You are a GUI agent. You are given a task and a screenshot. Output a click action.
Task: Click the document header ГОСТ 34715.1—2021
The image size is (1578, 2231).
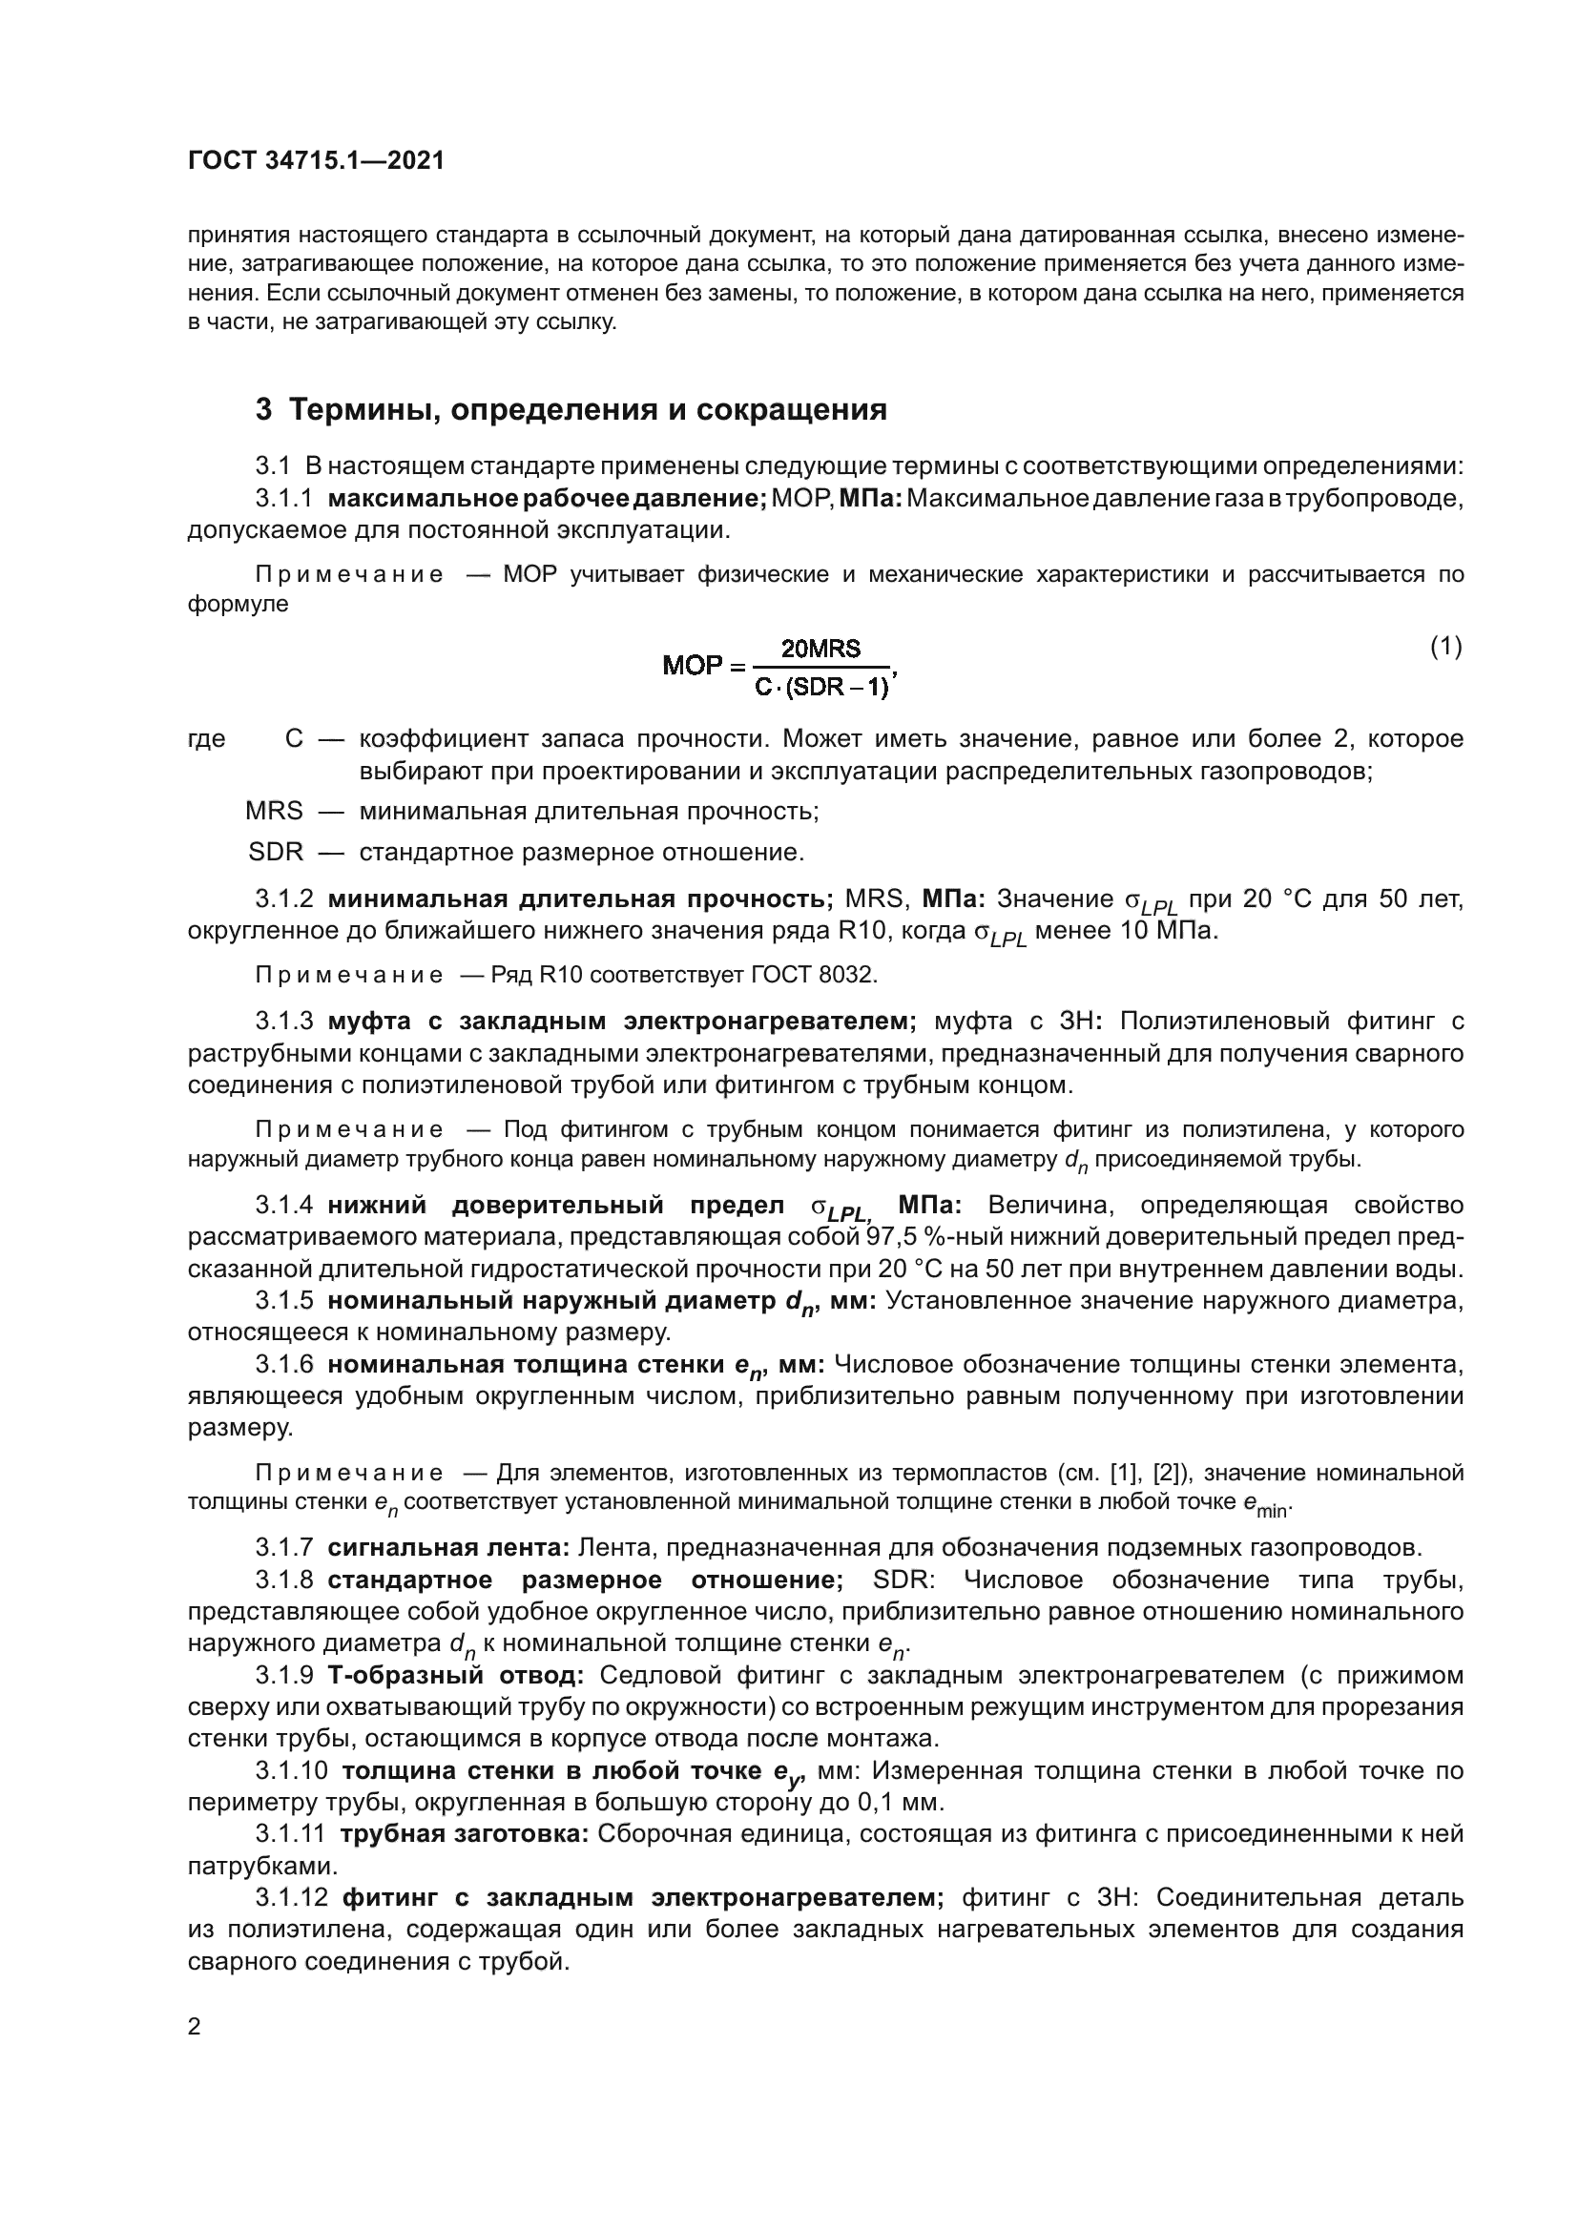316,161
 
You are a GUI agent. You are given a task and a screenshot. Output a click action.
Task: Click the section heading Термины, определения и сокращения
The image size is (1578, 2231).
588,409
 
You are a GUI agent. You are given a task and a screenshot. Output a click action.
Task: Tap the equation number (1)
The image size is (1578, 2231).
1445,646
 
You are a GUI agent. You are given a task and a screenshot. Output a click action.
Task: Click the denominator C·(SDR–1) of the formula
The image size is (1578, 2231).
822,688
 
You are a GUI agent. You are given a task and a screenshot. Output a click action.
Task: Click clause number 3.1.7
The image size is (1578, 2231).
284,1546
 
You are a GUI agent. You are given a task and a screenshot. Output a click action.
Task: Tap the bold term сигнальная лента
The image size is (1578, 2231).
449,1546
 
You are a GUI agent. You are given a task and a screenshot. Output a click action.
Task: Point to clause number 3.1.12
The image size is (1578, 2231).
292,1898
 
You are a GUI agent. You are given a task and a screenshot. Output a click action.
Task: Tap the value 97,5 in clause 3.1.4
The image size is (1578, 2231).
897,1237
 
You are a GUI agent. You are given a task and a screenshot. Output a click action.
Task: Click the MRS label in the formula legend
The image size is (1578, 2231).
274,811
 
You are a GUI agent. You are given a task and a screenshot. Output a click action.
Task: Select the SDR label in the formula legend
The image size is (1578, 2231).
276,852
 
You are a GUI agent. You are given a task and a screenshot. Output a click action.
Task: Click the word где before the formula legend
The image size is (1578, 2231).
206,739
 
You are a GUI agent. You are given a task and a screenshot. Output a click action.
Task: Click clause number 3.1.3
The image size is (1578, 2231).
284,1022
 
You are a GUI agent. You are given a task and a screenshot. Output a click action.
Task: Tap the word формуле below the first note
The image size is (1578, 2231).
239,604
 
